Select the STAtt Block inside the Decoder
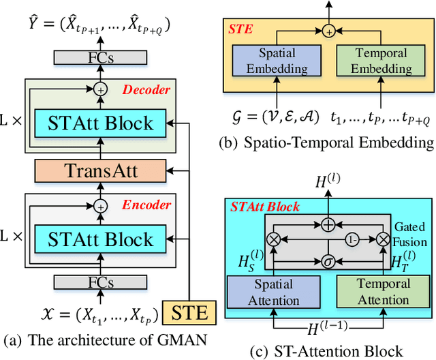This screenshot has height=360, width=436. [101, 123]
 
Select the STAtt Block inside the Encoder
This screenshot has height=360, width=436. [101, 239]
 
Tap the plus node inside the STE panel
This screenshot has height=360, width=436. [328, 31]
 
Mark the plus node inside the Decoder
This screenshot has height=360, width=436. [101, 89]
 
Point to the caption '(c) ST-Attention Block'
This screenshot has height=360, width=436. [328, 350]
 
